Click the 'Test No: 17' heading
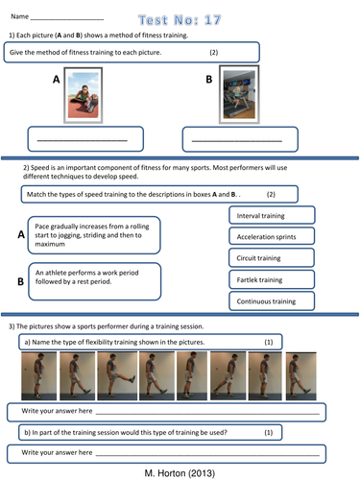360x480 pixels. (180, 20)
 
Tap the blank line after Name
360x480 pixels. (67, 19)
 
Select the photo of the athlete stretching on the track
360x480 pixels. (84, 95)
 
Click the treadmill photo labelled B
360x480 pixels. (239, 94)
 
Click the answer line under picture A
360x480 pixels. (83, 140)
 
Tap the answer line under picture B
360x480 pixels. (237, 140)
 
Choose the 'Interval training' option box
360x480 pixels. (272, 215)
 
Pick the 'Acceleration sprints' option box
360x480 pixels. (272, 236)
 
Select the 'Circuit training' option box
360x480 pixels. (272, 258)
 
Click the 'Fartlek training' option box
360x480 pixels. (272, 279)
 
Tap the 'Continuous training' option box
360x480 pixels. (272, 300)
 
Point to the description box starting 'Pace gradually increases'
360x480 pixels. (94, 235)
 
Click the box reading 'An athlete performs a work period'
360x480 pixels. (95, 281)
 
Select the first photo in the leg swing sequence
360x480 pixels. (38, 375)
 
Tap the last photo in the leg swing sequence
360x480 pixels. (300, 376)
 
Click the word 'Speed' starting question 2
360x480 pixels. (40, 168)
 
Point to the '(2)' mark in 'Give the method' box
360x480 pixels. (214, 52)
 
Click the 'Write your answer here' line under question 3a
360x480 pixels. (207, 414)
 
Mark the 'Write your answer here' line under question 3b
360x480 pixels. (207, 455)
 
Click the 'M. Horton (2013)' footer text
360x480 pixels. (180, 473)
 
